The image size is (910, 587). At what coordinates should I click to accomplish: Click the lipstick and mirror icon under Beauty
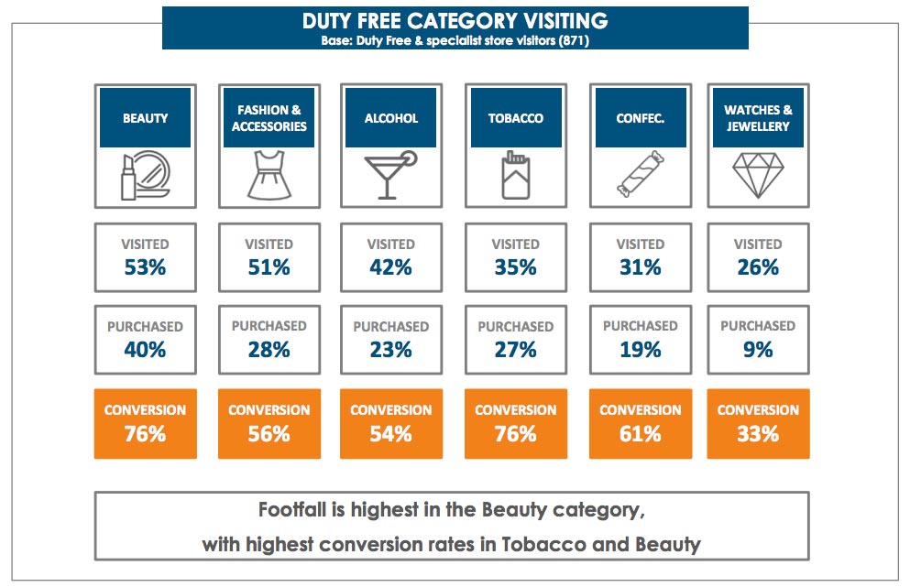[x=145, y=177]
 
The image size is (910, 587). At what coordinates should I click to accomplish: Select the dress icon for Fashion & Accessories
[x=269, y=176]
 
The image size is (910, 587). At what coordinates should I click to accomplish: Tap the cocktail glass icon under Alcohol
[x=390, y=175]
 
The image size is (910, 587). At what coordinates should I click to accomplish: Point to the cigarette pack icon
[x=515, y=177]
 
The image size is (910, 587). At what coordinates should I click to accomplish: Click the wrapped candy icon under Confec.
[x=640, y=177]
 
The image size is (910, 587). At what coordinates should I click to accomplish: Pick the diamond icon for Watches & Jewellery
[x=758, y=176]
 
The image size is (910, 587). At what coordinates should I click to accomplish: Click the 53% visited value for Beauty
[x=145, y=267]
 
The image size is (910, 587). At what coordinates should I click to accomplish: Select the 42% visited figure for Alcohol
[x=390, y=267]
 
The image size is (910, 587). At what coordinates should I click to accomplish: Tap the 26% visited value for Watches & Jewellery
[x=758, y=267]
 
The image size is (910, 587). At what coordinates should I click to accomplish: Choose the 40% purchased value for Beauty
[x=145, y=349]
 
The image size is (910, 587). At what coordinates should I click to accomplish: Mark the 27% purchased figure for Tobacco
[x=515, y=349]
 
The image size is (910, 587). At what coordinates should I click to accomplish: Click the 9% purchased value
[x=758, y=349]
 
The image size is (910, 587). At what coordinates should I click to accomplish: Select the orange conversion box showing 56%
[x=269, y=423]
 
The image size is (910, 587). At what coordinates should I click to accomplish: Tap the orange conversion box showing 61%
[x=640, y=423]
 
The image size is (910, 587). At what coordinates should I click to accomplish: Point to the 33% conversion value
[x=758, y=433]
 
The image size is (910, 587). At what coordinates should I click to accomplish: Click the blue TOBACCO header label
[x=515, y=118]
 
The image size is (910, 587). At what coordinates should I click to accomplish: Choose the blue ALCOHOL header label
[x=390, y=118]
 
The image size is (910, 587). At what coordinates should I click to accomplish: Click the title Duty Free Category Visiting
[x=455, y=20]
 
